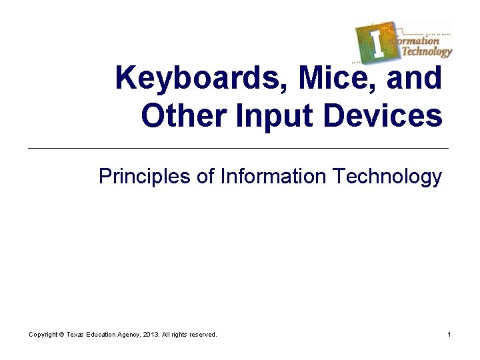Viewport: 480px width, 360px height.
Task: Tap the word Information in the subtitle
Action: point(272,177)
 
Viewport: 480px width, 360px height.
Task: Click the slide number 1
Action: point(449,334)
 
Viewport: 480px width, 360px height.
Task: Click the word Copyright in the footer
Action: point(43,334)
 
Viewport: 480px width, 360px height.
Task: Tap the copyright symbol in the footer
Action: point(61,334)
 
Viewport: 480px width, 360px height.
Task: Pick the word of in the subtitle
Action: point(207,177)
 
